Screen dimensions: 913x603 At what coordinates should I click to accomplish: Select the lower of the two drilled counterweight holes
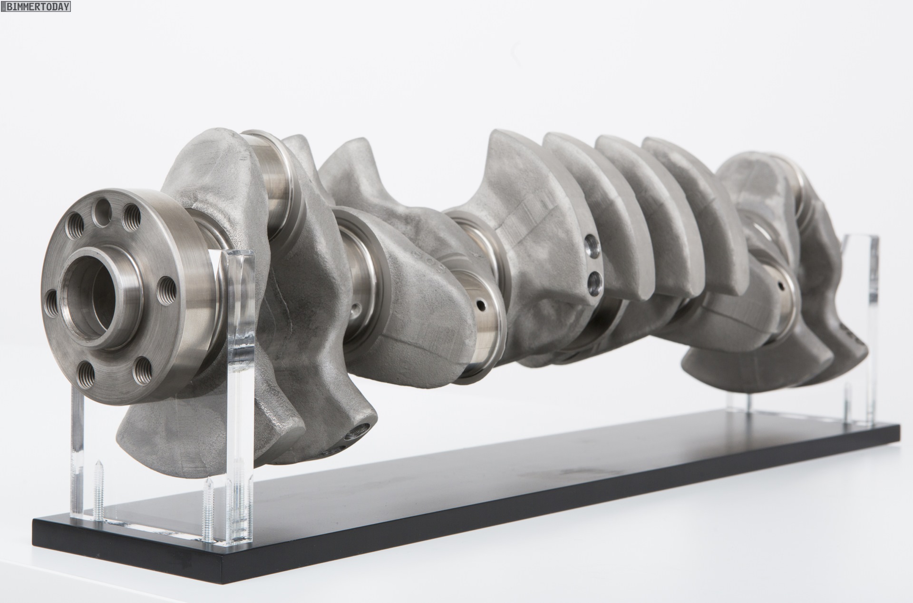pyautogui.click(x=592, y=285)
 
